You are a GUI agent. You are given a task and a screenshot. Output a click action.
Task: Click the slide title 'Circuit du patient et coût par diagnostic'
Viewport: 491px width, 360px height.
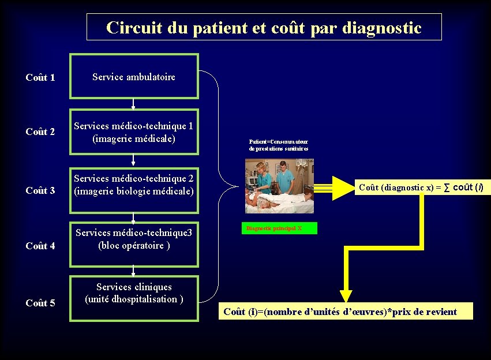264,27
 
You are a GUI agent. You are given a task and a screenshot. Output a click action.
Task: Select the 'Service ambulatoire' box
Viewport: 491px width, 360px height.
134,77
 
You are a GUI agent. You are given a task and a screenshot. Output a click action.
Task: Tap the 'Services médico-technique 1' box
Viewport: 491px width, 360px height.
134,132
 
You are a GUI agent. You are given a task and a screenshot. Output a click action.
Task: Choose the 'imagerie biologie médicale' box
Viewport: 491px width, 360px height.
134,185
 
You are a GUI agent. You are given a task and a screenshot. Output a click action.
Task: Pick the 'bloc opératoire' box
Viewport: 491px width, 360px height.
134,239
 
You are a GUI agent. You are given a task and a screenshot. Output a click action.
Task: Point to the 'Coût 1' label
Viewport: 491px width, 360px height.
40,77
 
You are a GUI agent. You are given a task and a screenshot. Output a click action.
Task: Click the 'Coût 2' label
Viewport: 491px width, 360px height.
40,132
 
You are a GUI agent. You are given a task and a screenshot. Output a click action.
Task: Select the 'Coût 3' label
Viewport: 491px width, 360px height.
40,190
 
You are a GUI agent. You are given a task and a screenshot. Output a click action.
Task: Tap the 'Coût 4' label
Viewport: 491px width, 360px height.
40,246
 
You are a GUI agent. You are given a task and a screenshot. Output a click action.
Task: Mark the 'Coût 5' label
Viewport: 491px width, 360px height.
40,303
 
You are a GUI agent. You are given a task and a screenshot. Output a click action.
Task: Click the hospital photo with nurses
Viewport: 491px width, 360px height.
279,186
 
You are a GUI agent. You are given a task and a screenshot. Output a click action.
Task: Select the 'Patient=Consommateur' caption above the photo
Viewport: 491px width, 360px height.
279,145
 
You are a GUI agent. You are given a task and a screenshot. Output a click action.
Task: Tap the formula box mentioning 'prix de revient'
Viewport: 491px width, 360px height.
346,312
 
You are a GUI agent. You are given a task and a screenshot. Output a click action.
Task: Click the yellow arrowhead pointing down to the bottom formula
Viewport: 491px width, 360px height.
346,295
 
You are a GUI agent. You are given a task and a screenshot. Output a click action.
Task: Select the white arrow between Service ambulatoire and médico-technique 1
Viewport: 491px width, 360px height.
133,104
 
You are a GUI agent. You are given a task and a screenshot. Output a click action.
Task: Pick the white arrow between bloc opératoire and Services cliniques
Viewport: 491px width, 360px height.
133,271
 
